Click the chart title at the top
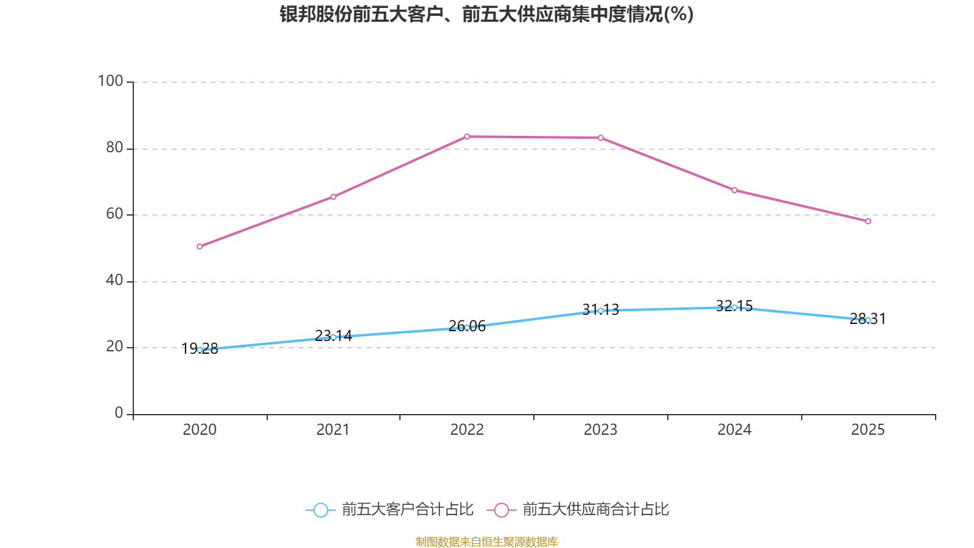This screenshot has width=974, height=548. click(486, 14)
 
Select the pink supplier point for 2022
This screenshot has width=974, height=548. click(467, 136)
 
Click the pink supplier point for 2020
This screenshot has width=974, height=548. click(200, 247)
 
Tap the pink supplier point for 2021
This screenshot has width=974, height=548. click(333, 197)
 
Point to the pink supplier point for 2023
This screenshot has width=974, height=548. click(601, 138)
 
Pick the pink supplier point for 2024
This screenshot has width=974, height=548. click(734, 190)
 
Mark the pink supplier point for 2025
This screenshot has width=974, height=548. click(868, 221)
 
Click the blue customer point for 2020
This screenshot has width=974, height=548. click(200, 350)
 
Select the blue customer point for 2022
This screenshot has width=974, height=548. click(467, 328)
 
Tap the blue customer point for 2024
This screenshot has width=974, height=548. click(734, 307)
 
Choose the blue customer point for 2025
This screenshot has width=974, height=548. click(868, 320)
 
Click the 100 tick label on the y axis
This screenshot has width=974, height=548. click(111, 81)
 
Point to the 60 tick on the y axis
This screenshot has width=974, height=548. click(114, 214)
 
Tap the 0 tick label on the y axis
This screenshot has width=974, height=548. click(119, 413)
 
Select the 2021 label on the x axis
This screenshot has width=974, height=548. click(333, 430)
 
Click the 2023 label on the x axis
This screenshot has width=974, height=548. click(601, 430)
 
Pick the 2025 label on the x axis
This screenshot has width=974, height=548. click(868, 430)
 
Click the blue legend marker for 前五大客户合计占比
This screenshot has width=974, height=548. click(320, 510)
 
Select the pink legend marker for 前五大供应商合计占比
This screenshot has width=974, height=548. click(501, 510)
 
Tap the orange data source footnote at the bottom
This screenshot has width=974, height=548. click(486, 541)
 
